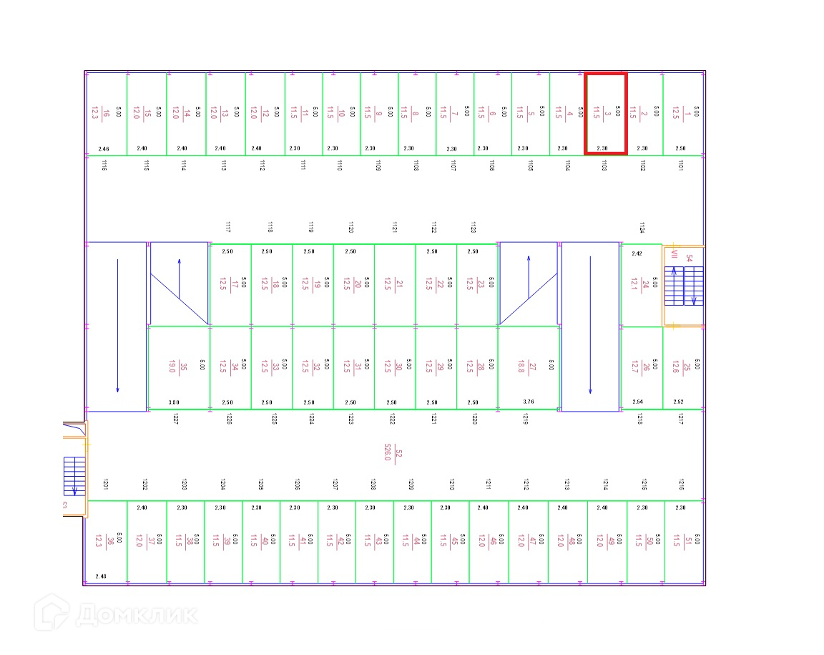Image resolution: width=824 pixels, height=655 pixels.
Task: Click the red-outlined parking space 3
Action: pos(606,113)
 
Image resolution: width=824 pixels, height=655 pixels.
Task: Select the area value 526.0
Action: pos(388,452)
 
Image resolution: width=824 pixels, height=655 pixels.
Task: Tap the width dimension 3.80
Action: pos(173,402)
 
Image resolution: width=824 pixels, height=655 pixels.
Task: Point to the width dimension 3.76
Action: pos(529,402)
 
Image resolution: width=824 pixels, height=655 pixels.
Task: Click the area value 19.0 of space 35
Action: pos(172,367)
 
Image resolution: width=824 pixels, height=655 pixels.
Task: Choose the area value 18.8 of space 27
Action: pos(521,367)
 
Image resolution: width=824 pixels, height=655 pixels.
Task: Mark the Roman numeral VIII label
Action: pos(674,255)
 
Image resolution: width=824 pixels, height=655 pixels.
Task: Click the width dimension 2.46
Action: pos(104,149)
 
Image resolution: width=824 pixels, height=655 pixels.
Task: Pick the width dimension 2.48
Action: pos(100,576)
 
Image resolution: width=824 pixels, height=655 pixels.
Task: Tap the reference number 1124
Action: pos(642,228)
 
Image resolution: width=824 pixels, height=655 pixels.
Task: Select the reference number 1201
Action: pos(105,484)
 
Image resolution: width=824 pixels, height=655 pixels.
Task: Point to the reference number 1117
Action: pos(227,228)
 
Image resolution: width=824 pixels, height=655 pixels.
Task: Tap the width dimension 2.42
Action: pos(637,253)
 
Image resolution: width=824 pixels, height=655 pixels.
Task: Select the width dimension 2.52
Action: pos(679,402)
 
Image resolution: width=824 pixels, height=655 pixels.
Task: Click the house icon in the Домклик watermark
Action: pos(54,613)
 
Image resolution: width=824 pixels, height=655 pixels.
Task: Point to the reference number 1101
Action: pos(680,165)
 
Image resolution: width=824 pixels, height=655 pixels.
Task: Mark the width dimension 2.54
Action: pos(638,402)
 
